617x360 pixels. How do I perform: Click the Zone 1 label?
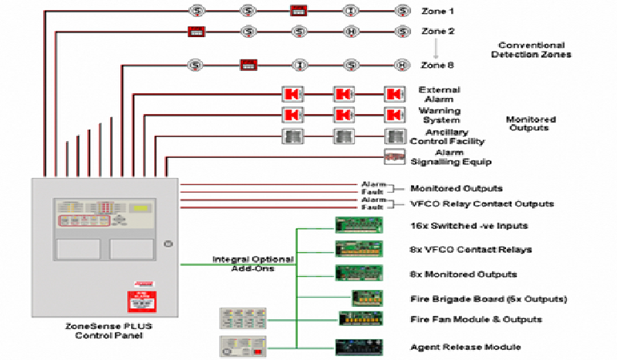coord(437,11)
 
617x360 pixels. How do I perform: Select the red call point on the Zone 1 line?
coord(298,11)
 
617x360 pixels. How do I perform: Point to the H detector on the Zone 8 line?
coord(401,65)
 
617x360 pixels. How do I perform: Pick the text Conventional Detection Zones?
coord(531,50)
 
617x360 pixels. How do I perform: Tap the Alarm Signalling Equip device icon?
coord(395,156)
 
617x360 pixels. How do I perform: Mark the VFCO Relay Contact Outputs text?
coord(482,204)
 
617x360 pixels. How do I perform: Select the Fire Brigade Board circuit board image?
coord(367,298)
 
